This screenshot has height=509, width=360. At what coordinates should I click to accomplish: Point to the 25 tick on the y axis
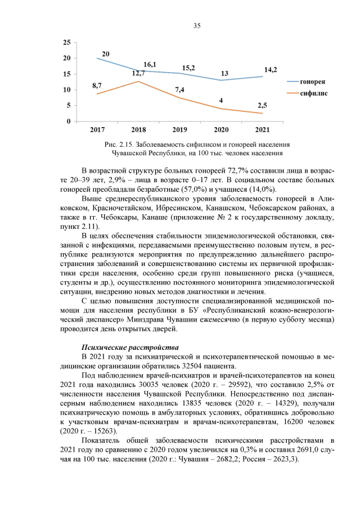click(66, 43)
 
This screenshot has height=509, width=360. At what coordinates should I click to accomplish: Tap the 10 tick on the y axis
click(66, 90)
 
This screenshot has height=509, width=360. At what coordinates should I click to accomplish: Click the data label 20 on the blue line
click(105, 53)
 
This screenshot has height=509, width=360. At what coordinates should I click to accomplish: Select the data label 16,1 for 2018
click(150, 65)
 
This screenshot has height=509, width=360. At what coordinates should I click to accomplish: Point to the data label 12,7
click(139, 73)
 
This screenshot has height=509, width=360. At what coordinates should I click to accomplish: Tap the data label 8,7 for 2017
click(97, 85)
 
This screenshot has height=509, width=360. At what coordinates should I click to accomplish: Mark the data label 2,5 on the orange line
click(263, 105)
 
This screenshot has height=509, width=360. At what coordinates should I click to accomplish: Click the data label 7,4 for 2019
click(180, 90)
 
